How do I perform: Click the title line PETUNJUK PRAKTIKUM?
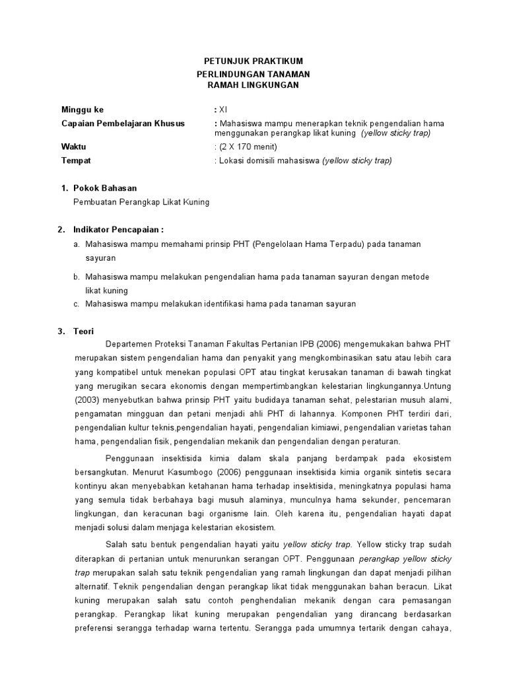point(253,61)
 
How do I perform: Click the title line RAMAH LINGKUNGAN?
point(253,85)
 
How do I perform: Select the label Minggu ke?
point(83,110)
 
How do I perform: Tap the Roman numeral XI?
point(223,110)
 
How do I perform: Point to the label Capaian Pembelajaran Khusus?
point(123,123)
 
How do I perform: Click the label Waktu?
point(73,147)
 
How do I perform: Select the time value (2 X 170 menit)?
point(246,147)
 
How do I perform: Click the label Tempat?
point(76,160)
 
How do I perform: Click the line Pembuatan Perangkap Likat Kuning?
point(141,202)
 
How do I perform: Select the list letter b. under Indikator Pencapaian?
point(77,277)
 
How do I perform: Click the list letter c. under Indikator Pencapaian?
point(77,304)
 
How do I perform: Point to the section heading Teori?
point(84,331)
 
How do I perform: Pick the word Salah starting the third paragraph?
point(116,545)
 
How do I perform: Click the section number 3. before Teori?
point(61,331)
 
